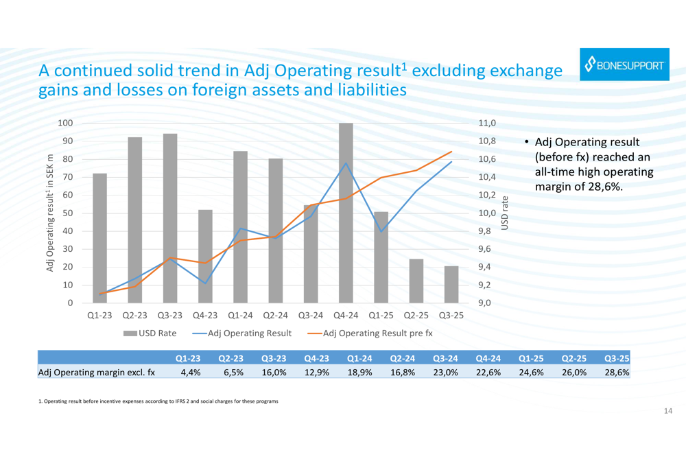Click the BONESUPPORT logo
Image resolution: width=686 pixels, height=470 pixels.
[624, 65]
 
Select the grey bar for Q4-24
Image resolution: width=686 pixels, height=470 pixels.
[346, 213]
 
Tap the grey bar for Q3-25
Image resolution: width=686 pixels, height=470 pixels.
[451, 285]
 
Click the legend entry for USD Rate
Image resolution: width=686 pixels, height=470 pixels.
[150, 333]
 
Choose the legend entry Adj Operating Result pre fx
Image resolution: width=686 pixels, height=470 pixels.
[370, 333]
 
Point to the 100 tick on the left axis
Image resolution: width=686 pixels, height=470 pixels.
[65, 124]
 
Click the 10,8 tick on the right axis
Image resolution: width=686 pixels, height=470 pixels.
[486, 141]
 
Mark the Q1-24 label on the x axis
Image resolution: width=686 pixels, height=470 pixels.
[240, 316]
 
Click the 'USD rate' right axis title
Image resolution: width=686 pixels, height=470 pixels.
[506, 213]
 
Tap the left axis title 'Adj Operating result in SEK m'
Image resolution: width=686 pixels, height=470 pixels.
[51, 213]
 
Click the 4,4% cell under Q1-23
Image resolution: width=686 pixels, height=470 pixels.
[190, 373]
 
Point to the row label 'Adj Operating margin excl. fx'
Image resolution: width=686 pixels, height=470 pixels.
[97, 373]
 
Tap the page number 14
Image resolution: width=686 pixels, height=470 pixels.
[668, 410]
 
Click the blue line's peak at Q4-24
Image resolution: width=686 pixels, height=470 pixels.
[346, 163]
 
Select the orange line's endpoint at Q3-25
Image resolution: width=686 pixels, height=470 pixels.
[451, 152]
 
